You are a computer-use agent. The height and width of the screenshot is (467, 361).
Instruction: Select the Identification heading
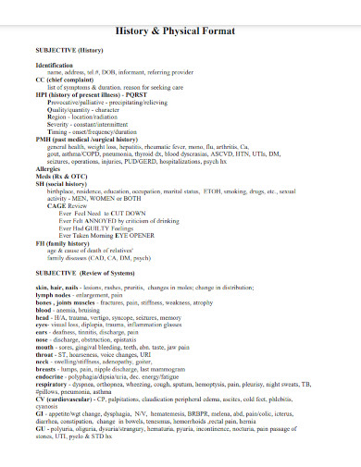(54, 66)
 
